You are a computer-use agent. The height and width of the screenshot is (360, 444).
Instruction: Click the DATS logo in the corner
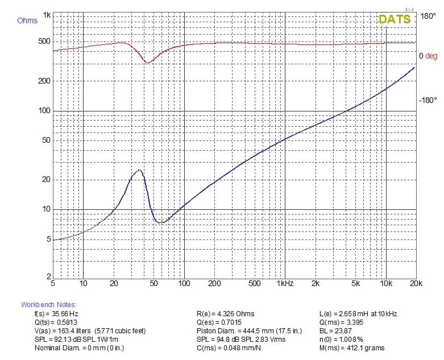394,19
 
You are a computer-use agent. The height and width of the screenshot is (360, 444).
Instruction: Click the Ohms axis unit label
27,21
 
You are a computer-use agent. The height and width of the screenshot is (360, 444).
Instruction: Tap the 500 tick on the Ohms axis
44,42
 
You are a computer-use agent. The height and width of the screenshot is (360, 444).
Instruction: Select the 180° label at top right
428,16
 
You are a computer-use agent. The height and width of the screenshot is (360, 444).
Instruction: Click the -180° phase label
428,101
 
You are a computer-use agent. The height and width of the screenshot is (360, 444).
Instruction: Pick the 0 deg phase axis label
428,56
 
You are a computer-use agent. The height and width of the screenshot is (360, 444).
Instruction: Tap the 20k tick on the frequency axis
415,283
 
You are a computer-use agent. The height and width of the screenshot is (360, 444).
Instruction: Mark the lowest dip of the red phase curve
148,62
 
